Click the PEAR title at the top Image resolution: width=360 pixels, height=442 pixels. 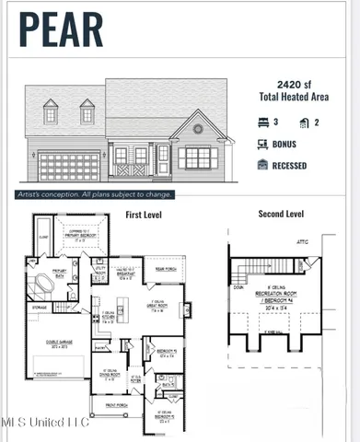pos(62,29)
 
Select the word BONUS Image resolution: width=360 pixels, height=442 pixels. pos(285,144)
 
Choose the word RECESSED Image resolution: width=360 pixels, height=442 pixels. pos(289,166)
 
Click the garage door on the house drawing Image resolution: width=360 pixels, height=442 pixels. pos(69,167)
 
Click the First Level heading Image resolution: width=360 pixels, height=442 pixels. pos(146,215)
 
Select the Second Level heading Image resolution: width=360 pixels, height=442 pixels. pos(280,215)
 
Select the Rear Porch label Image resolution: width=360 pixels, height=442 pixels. pos(167,269)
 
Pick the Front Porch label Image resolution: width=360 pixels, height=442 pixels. pos(116,402)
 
